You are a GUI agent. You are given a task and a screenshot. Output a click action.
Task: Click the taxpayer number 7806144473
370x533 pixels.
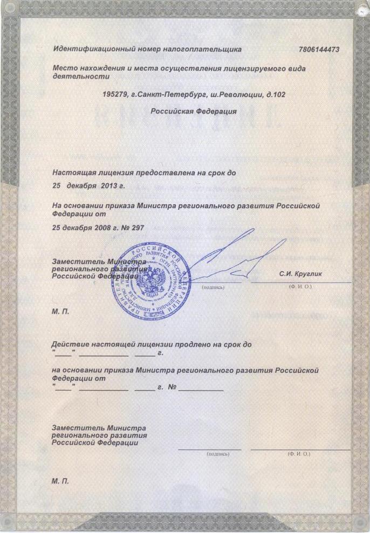318,50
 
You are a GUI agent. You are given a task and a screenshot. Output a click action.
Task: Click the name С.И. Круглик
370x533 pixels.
300,274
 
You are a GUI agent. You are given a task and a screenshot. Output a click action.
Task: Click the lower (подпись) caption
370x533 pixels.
218,454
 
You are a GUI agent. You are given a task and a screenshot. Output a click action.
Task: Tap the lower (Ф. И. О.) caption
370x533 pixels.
299,454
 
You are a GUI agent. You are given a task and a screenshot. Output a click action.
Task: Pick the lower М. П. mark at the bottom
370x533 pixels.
60,480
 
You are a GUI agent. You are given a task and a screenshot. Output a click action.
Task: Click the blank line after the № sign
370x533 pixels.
201,389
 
